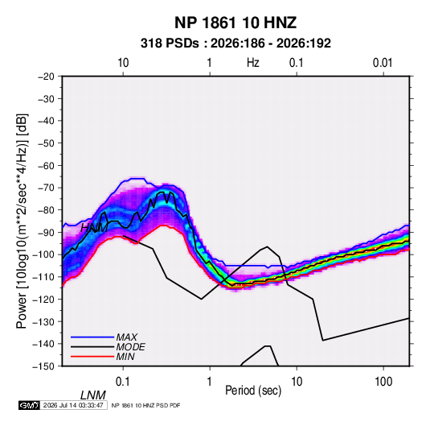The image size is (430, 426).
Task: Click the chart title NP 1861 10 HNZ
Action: coord(235,23)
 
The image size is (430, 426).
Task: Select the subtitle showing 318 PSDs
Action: coord(235,43)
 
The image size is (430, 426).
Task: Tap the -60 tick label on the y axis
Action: coord(46,165)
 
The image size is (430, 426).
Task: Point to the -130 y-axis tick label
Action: coord(43,321)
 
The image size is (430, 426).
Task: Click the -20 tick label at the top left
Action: coord(46,77)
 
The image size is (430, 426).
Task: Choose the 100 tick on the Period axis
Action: coord(383,382)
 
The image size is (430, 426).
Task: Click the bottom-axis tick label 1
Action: coord(210,382)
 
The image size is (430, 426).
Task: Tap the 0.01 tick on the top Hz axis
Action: coord(383,63)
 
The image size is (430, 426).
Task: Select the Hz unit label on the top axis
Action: coord(253,63)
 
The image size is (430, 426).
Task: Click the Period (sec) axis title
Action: coord(253,391)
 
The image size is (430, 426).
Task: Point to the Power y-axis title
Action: coord(22,221)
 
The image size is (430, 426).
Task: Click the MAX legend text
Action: coord(126,337)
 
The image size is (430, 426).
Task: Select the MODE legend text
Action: coord(130,347)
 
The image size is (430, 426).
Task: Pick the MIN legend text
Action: coord(125,357)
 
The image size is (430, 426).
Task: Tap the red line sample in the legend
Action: coord(92,357)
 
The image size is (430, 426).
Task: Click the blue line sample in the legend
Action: coord(92,337)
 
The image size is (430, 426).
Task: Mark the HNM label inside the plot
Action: coord(94,228)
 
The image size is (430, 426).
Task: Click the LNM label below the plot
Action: coord(92,395)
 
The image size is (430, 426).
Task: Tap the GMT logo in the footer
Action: coord(29,405)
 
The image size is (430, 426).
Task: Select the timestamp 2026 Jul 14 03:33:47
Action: coord(73,405)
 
